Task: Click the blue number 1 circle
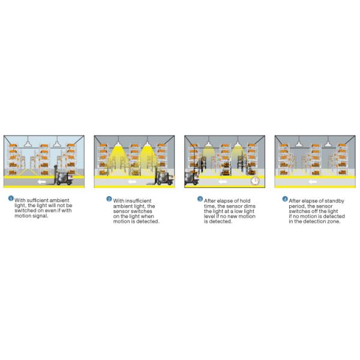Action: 11,199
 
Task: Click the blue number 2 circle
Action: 109,199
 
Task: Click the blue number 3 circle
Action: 200,199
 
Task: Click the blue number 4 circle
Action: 285,199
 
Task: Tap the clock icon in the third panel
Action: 255,181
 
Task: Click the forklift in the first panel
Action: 62,176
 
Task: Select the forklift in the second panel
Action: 161,176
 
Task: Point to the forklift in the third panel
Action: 191,178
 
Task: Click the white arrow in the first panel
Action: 41,182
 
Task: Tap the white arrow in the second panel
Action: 132,182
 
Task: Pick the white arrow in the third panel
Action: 222,182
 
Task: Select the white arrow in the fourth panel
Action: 313,182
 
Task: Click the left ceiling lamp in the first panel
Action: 28,144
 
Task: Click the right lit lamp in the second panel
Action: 147,144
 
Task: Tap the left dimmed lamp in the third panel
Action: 208,144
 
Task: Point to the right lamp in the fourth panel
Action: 328,144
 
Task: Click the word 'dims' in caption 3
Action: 250,206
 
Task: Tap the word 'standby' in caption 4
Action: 334,201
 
